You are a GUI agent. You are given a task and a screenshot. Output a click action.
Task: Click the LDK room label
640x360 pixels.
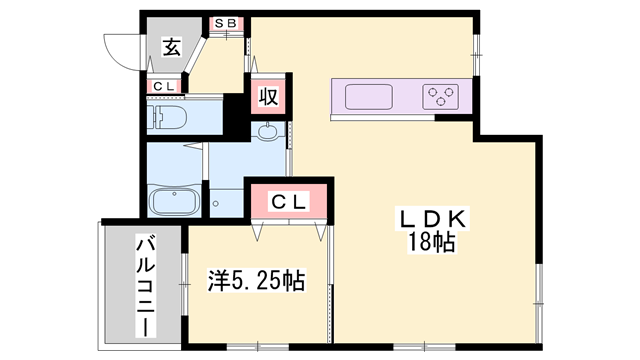[x=433, y=220]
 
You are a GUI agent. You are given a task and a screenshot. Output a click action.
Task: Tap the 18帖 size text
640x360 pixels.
[x=432, y=242]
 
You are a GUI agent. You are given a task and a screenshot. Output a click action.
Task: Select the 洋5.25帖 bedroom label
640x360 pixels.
[x=257, y=280]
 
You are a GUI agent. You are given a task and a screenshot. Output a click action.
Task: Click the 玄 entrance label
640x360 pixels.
[x=172, y=47]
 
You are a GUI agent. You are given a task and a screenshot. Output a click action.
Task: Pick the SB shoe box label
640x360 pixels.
[x=226, y=24]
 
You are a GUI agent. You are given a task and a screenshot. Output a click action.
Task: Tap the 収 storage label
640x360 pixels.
[x=268, y=97]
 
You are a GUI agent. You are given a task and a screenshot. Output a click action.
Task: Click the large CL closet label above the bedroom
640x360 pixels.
[x=289, y=202]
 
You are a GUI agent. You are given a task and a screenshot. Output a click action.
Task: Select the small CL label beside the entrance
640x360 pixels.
[x=164, y=86]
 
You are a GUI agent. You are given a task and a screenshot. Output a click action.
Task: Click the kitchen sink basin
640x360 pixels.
[x=369, y=97]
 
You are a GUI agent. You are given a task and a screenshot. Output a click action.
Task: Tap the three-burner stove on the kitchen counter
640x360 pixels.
[x=440, y=97]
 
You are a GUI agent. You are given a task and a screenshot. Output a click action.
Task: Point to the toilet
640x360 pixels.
[x=167, y=117]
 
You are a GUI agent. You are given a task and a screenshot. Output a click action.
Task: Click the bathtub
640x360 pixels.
[x=174, y=202]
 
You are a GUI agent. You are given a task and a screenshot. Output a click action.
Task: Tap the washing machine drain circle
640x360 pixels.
[x=216, y=203]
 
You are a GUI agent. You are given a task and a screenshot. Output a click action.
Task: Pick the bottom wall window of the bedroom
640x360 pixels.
[x=258, y=347]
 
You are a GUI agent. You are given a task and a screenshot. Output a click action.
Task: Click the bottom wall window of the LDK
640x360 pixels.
[x=424, y=347]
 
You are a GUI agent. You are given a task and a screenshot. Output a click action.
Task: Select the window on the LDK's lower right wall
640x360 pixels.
[x=539, y=304]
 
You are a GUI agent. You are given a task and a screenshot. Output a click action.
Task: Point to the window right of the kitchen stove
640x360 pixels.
[x=476, y=54]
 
